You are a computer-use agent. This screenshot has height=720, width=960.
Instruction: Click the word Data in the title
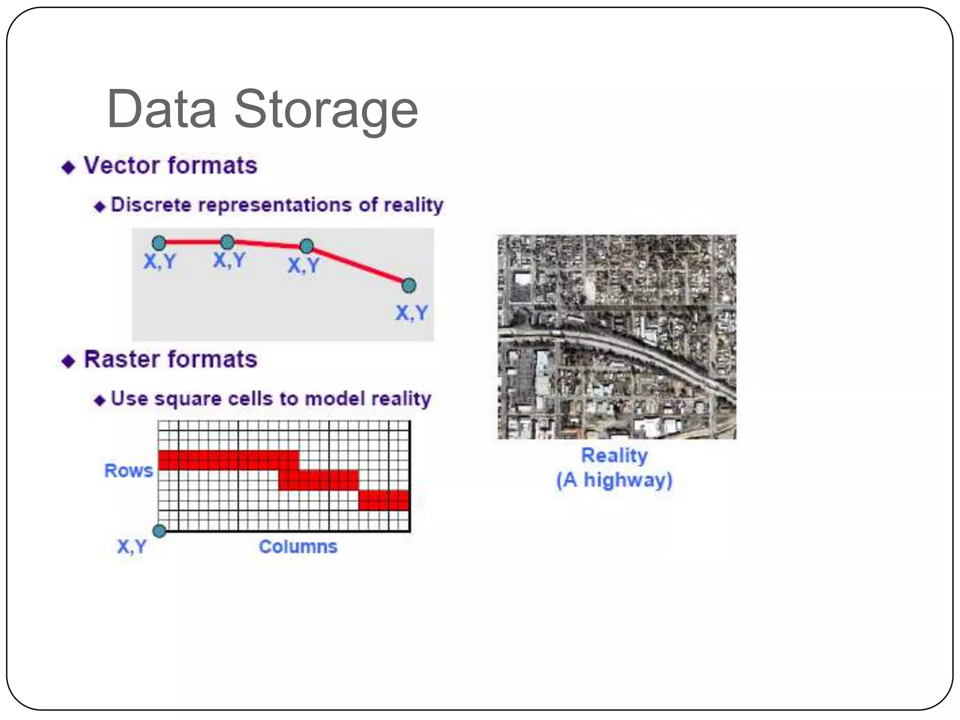pos(161,110)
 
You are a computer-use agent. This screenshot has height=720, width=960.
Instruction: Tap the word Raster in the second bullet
pos(122,360)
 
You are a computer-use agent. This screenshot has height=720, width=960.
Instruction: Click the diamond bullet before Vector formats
pos(68,167)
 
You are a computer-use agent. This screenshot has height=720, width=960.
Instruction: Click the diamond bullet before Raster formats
pos(68,361)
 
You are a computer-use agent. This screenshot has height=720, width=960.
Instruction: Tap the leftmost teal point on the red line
pos(159,243)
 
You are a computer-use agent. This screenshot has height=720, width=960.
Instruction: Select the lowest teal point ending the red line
pos(409,285)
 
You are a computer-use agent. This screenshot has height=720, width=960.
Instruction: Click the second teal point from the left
pos(227,242)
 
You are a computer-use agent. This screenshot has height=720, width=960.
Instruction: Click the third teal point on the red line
pos(307,246)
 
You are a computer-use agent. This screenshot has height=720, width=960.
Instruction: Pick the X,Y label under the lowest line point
pos(411,313)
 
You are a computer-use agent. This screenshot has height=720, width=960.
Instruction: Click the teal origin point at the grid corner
pos(159,531)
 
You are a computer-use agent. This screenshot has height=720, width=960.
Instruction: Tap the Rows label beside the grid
pos(128,471)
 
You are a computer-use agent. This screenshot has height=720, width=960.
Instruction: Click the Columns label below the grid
pos(298,547)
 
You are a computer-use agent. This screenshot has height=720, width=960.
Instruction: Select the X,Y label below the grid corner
pos(132,547)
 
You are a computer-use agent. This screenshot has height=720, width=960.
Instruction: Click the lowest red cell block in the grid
pos(384,500)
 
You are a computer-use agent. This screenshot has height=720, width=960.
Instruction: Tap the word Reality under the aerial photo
pos(614,456)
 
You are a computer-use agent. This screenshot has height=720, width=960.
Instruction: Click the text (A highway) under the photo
pos(614,480)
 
